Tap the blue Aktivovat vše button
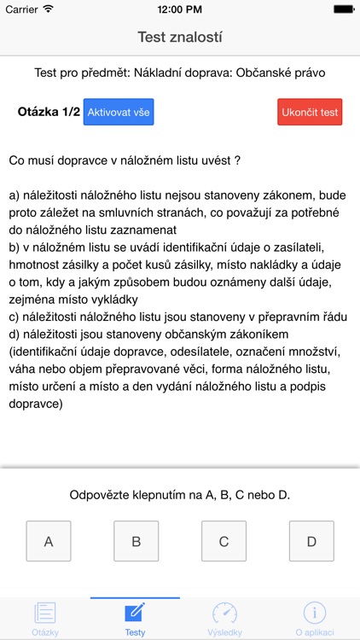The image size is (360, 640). point(119,112)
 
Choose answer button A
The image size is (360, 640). point(49,541)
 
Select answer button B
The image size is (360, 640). point(136,541)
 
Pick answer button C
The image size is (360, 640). point(224,541)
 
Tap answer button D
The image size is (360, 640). point(311,541)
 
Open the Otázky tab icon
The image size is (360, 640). point(45,614)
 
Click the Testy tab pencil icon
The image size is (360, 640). point(135,613)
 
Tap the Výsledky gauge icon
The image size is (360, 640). point(225,613)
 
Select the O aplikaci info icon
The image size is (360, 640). point(315,613)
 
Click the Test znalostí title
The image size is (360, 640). point(180,38)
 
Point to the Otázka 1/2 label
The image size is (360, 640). point(49,112)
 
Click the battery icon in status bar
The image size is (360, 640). point(343,9)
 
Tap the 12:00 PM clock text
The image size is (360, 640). point(180,9)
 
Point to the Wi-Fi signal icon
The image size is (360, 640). point(48,9)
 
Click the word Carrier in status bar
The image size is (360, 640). point(21,9)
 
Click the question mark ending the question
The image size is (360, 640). point(236,160)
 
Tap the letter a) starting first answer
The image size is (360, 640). point(15,195)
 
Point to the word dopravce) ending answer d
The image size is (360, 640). point(35,404)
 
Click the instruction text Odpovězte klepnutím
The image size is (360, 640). point(180,495)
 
